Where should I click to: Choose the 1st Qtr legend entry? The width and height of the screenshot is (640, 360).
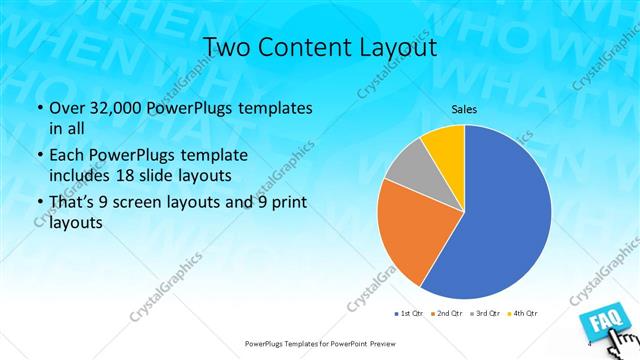point(407,314)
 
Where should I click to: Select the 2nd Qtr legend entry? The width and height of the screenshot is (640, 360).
point(446,314)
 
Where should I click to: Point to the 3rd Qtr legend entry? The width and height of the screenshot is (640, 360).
point(485,314)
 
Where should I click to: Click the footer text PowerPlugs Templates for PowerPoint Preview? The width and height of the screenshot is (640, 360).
point(319,343)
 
